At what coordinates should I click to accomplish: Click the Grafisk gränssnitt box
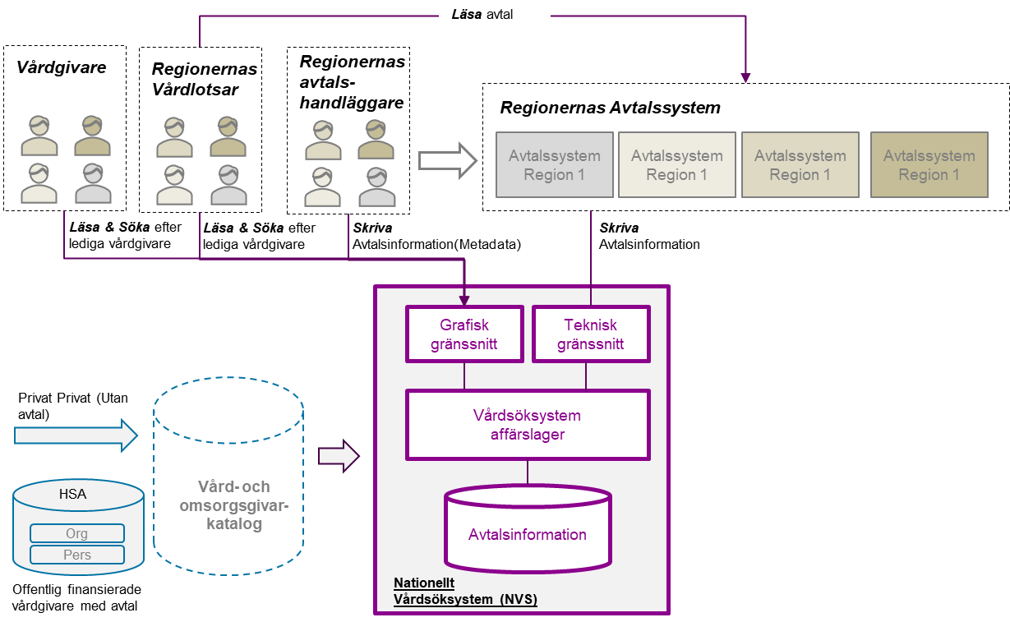coord(464,334)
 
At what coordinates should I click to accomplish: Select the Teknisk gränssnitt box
coord(591,334)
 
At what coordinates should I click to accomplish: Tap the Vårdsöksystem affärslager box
coord(528,424)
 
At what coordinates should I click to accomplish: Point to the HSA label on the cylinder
coord(72,494)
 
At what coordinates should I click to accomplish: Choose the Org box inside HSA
coord(77,533)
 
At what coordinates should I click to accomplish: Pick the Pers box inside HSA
coord(77,555)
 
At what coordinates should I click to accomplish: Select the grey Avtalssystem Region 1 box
coord(555,164)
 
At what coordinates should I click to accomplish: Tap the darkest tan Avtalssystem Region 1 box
coord(929,164)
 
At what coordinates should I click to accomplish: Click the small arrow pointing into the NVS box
coord(339,455)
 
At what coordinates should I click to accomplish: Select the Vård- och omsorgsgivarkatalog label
coord(234,505)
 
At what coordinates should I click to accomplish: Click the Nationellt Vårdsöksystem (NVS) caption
coord(465,592)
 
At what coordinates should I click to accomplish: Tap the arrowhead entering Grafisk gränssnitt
coord(464,302)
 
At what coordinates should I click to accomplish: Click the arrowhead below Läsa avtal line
coord(745,78)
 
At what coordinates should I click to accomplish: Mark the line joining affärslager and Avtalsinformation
coord(528,472)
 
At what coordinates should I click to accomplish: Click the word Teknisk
coord(591,325)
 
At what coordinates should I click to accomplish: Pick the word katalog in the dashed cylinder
coord(234,524)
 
